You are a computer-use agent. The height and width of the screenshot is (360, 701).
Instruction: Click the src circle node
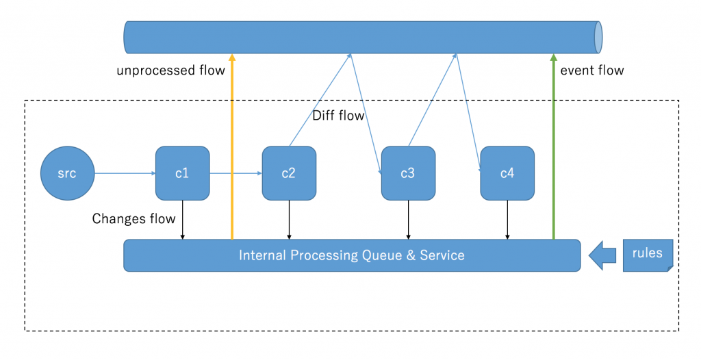pyautogui.click(x=68, y=173)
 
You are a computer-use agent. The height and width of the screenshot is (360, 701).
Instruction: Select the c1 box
pyautogui.click(x=182, y=173)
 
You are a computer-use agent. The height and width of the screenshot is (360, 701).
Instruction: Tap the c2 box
pyautogui.click(x=289, y=173)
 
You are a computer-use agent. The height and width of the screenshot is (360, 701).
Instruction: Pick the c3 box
pyautogui.click(x=408, y=173)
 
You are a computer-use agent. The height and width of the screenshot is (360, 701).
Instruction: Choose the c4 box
pyautogui.click(x=507, y=173)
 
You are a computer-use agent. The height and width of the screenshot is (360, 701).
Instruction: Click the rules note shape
pyautogui.click(x=648, y=255)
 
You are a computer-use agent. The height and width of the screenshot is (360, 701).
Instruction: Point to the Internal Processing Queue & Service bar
pyautogui.click(x=352, y=255)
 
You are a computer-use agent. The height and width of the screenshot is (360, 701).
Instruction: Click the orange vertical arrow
pyautogui.click(x=232, y=146)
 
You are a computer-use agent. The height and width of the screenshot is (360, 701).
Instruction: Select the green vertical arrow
pyautogui.click(x=553, y=146)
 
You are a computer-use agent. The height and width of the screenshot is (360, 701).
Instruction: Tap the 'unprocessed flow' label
pyautogui.click(x=170, y=70)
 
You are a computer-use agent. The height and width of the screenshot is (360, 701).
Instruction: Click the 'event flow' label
pyautogui.click(x=592, y=70)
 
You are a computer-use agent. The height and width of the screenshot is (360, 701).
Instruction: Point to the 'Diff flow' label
pyautogui.click(x=338, y=116)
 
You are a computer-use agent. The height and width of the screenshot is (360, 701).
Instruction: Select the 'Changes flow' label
pyautogui.click(x=133, y=219)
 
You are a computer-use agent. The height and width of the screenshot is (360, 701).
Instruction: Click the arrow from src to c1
pyautogui.click(x=125, y=173)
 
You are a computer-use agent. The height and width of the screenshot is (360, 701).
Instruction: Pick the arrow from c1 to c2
pyautogui.click(x=235, y=173)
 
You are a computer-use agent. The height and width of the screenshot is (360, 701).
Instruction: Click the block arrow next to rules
pyautogui.click(x=602, y=255)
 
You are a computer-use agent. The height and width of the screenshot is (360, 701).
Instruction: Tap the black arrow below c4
pyautogui.click(x=507, y=220)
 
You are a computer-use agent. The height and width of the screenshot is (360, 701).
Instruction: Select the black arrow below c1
pyautogui.click(x=182, y=220)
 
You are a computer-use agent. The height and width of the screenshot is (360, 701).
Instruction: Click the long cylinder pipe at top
pyautogui.click(x=363, y=37)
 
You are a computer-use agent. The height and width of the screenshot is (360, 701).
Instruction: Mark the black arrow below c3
pyautogui.click(x=408, y=220)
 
